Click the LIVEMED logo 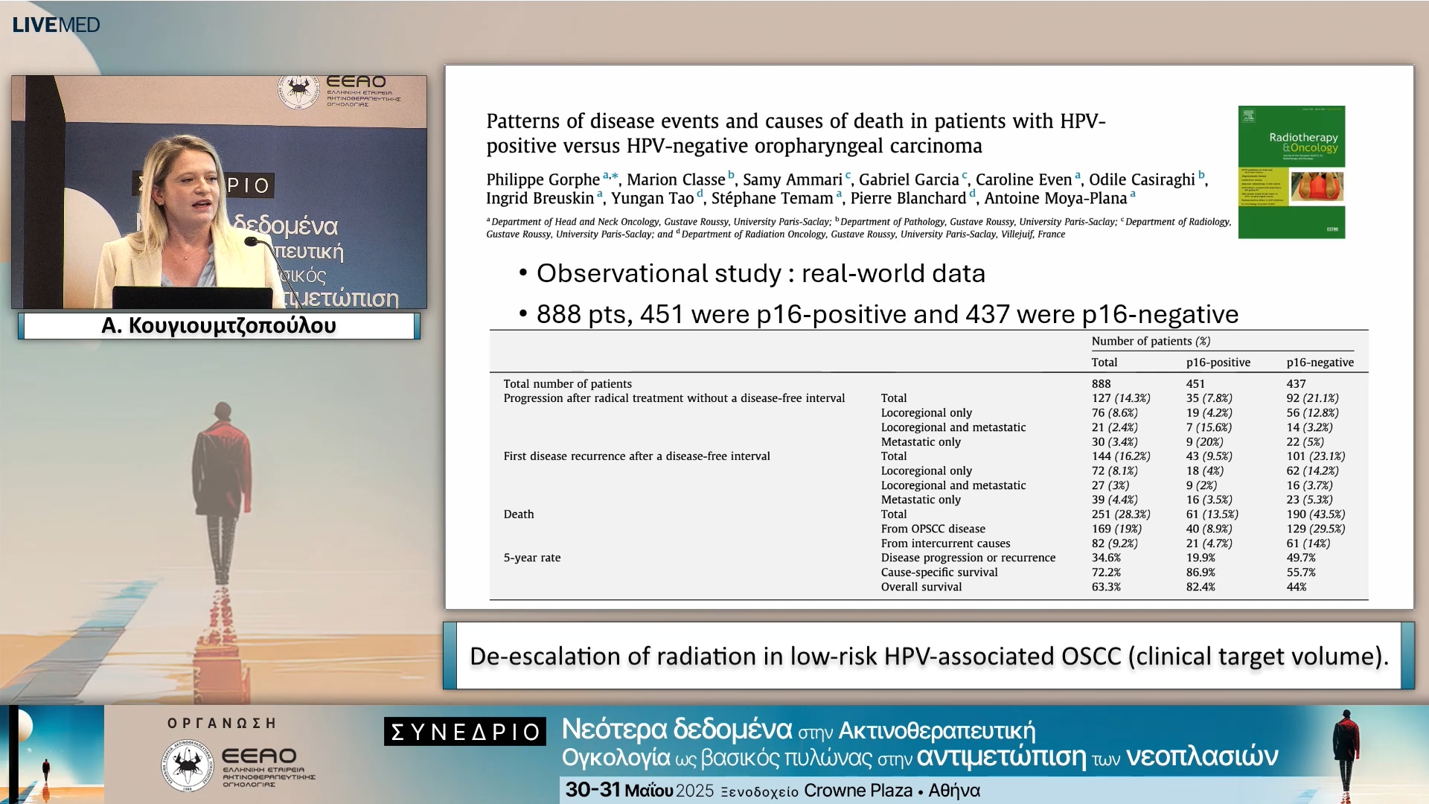tap(56, 25)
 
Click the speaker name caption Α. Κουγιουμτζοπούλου tap(219, 326)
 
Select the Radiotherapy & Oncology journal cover tap(1291, 172)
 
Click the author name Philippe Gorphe tap(543, 179)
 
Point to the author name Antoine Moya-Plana tap(1055, 198)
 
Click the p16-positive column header tap(1218, 363)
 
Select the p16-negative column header tap(1320, 363)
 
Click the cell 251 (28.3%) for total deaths tap(1120, 514)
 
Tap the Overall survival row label tap(921, 587)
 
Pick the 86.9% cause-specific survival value tap(1200, 572)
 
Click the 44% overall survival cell tap(1296, 587)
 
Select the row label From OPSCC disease tap(933, 529)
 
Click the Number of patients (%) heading tap(1150, 341)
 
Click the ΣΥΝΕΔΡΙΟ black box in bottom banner tap(465, 732)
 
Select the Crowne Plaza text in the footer tap(857, 791)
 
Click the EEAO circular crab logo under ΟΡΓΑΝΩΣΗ tap(186, 765)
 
